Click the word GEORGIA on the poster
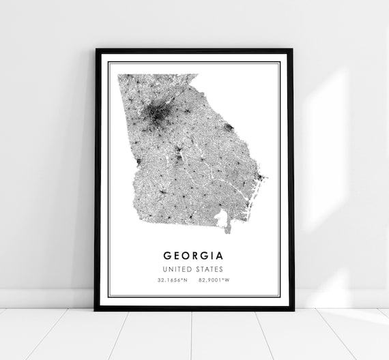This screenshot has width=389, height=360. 193,256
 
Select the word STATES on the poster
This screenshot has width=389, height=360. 211,269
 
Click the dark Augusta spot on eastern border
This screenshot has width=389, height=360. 229,127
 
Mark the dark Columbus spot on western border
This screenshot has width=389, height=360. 138,162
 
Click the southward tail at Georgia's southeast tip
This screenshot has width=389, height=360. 229,230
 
